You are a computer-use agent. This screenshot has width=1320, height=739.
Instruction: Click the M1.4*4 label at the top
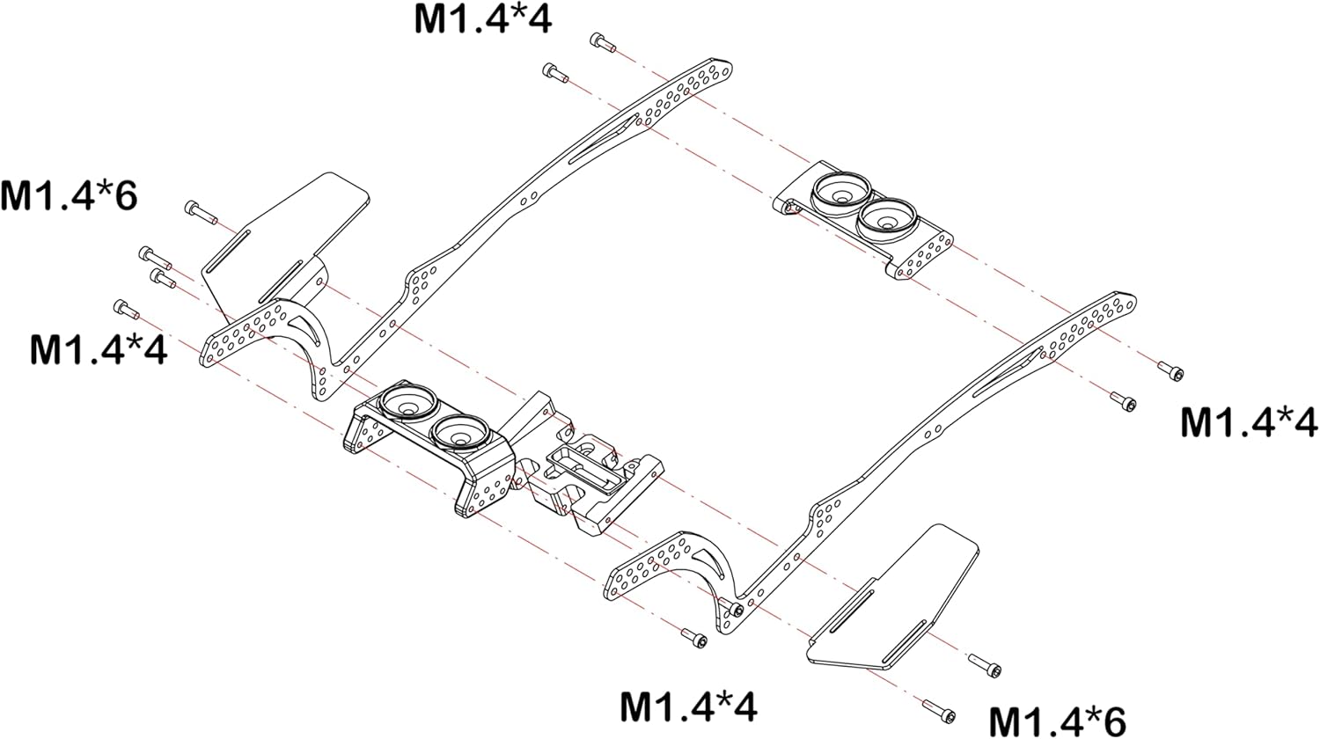tap(483, 19)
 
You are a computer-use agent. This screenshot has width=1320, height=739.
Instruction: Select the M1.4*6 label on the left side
tap(69, 195)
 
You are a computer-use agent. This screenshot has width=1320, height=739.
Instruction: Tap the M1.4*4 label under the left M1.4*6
tap(98, 349)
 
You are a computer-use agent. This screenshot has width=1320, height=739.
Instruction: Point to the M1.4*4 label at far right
tap(1249, 422)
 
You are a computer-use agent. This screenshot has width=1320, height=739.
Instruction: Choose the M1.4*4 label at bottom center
tap(689, 706)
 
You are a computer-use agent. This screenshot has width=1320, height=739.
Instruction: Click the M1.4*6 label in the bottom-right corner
tap(1057, 721)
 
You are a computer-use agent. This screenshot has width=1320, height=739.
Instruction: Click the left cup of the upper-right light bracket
tap(841, 189)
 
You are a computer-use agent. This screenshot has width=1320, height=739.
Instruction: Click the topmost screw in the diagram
tap(601, 41)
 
